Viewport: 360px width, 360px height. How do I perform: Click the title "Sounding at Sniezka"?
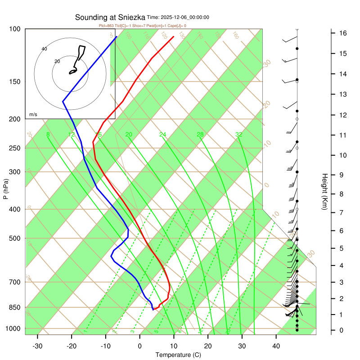point(110,18)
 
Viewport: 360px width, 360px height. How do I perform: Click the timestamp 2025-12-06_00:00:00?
point(178,18)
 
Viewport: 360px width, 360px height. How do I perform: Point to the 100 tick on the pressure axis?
point(15,29)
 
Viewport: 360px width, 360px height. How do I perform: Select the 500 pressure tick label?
point(15,238)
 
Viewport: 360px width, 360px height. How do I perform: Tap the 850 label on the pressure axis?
point(15,307)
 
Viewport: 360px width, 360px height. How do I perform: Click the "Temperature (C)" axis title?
point(178,355)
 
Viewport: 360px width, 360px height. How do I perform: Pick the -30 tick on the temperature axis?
point(37,346)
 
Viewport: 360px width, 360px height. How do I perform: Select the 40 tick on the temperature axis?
point(276,346)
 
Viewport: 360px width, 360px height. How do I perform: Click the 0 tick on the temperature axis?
point(139,346)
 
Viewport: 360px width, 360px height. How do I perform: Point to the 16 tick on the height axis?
point(343,33)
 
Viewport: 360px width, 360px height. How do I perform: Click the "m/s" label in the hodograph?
point(33,115)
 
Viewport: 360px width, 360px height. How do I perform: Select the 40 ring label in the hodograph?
point(44,49)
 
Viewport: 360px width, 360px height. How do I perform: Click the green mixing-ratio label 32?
point(239,135)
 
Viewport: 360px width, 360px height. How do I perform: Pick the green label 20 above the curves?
point(129,135)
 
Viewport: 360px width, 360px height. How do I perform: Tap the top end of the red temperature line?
point(174,36)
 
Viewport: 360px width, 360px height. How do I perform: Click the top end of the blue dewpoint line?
point(117,36)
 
